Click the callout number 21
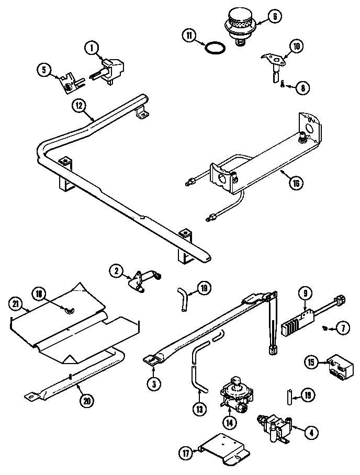(x=17, y=303)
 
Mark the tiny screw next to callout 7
(x=325, y=328)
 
